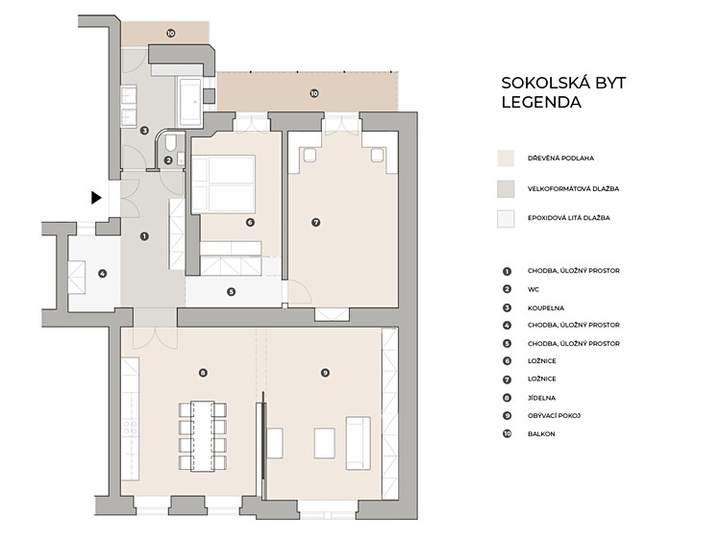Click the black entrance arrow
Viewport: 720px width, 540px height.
96,198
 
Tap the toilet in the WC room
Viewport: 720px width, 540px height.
171,142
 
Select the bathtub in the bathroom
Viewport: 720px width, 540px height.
189,102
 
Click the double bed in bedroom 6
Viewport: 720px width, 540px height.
223,184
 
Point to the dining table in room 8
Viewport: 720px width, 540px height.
202,436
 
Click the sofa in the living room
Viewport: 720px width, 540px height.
359,443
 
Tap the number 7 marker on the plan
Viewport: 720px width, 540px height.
315,223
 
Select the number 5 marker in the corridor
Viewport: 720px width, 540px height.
231,292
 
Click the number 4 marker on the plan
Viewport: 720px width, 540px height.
103,274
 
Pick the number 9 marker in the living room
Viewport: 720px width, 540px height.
325,373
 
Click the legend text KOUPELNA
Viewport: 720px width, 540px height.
545,307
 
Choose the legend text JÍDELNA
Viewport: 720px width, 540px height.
541,398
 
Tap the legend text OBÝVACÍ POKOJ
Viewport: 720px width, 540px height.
554,416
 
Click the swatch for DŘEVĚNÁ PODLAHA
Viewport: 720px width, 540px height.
506,158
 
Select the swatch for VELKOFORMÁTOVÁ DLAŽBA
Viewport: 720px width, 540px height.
506,188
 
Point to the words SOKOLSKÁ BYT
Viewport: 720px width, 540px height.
563,83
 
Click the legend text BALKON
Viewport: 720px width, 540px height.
541,433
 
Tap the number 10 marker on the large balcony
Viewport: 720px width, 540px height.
314,93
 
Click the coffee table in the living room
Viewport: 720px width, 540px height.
324,443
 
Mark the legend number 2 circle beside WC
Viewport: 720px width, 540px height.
507,289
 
